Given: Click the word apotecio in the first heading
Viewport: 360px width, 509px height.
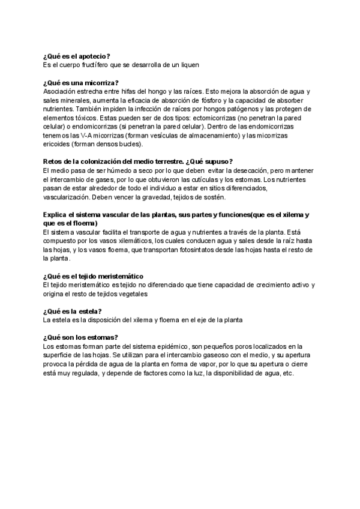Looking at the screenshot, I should (x=91, y=56).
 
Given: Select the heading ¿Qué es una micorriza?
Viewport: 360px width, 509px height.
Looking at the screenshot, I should (x=81, y=82).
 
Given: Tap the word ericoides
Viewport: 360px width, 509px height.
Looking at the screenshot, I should (x=58, y=144).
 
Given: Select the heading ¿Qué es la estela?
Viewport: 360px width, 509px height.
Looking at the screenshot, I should (x=72, y=312).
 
